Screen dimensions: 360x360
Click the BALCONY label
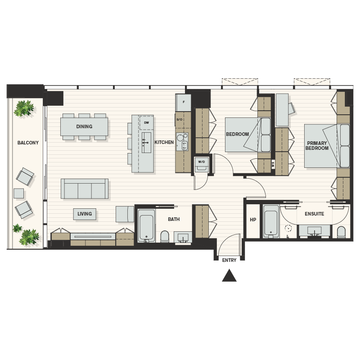[x=28, y=143]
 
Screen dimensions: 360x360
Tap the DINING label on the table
[x=84, y=126]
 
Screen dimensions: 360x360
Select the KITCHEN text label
[x=164, y=142]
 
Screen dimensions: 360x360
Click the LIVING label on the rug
[x=85, y=214]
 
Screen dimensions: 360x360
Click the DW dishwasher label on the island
[x=147, y=122]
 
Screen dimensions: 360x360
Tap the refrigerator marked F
[x=183, y=102]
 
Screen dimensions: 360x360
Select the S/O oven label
[x=179, y=119]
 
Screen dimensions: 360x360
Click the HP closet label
[x=253, y=220]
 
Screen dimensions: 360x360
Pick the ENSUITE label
[x=314, y=214]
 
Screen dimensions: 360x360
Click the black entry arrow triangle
[x=229, y=275]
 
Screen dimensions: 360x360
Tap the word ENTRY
[x=229, y=260]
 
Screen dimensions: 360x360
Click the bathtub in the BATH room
[x=146, y=225]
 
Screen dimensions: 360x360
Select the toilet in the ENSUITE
[x=341, y=232]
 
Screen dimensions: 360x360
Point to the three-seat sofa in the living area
[x=85, y=189]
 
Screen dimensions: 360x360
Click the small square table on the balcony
[x=18, y=193]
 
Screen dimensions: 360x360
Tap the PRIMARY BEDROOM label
[x=317, y=145]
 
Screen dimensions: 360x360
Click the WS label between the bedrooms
[x=273, y=164]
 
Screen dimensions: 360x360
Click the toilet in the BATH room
[x=165, y=236]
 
